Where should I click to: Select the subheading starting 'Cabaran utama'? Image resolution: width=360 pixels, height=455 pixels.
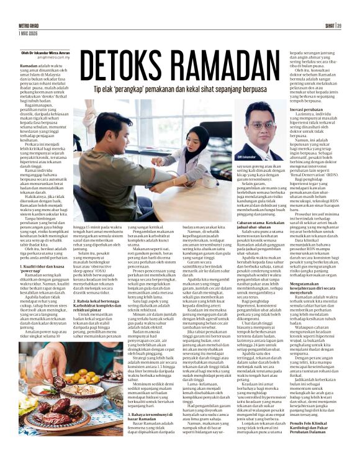coord(258,222)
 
